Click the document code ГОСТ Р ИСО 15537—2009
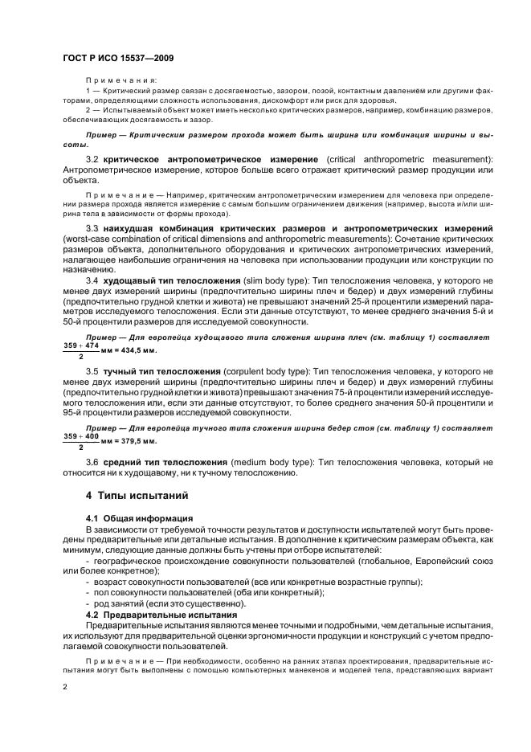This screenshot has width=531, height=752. coord(119,59)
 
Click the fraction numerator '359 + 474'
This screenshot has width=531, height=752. coord(81,345)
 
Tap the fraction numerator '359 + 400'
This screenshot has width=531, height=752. coord(81,435)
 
